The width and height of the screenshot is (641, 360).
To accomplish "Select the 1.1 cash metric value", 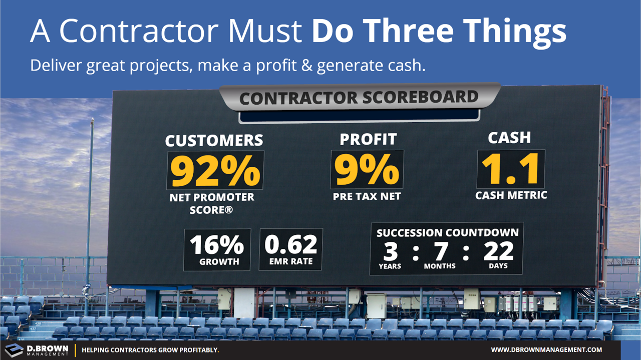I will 511,169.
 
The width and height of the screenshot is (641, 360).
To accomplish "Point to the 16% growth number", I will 217,245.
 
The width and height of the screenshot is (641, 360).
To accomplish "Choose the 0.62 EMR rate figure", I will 290,244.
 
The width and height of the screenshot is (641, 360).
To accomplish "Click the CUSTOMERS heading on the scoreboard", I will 214,141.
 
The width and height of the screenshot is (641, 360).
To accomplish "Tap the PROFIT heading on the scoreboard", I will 368,139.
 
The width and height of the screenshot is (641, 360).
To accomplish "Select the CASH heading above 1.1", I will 509,138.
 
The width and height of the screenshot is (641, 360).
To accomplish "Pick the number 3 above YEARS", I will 390,251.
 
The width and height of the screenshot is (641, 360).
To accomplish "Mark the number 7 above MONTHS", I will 440,251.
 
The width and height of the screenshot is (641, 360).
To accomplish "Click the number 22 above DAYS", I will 498,251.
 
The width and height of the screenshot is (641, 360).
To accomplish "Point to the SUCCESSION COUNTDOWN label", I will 447,233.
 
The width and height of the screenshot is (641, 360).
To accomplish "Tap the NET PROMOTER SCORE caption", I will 211,203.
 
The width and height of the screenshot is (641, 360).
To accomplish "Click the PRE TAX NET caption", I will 367,197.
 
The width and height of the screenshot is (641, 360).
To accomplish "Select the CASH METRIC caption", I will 511,195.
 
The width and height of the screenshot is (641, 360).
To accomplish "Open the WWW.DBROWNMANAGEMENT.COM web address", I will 546,350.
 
